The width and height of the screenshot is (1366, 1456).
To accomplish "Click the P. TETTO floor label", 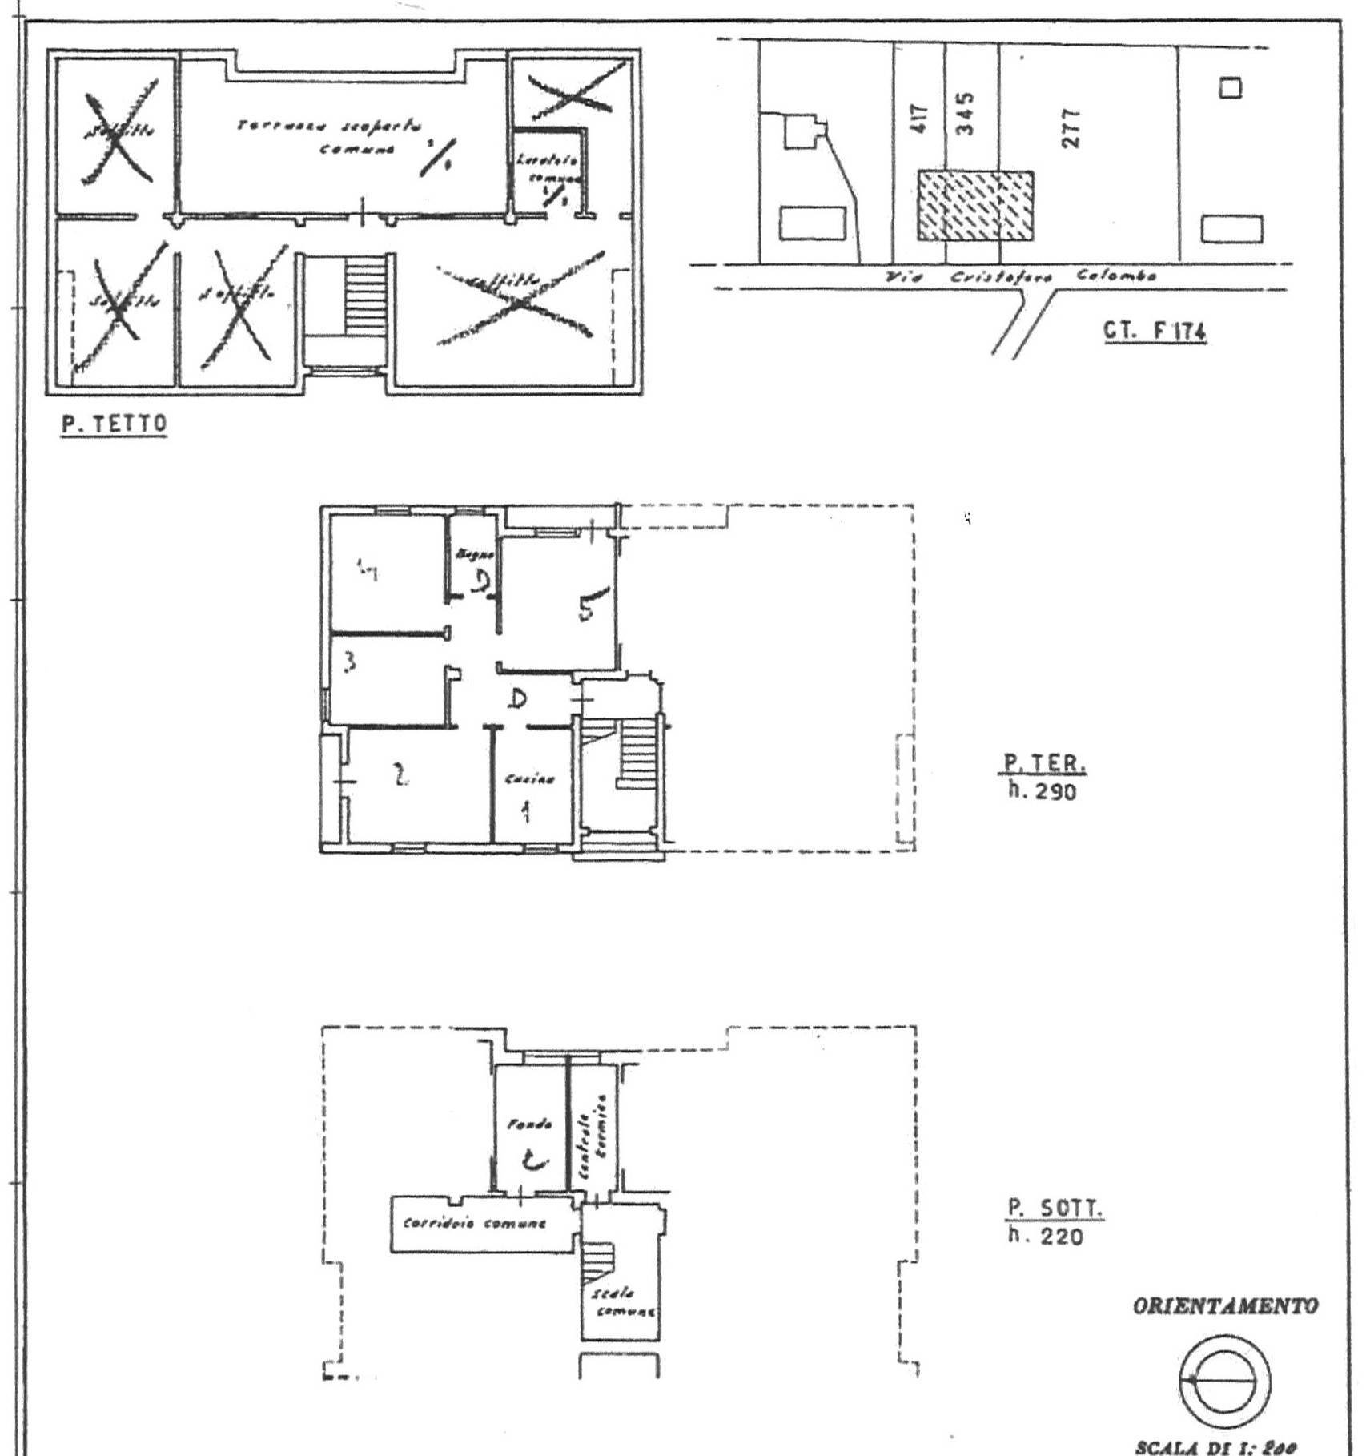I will pos(115,424).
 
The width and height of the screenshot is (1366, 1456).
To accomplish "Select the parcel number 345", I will pos(966,113).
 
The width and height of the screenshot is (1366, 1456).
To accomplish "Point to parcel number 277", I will pos(1071,128).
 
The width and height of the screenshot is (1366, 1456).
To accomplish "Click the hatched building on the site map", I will pos(974,206).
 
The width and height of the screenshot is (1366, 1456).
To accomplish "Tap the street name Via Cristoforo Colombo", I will pos(1021,276).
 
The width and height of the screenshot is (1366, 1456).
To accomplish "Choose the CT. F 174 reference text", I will pos(1155,332).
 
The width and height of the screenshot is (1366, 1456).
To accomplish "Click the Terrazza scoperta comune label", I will pos(330,137).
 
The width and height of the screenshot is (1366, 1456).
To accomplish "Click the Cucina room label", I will pos(529,778).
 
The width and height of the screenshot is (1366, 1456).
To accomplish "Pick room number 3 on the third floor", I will pos(350,663).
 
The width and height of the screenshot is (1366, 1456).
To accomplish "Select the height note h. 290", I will pos(1043,792).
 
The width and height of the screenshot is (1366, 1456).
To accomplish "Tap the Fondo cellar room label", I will pos(529,1124).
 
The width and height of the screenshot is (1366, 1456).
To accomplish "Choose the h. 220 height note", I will pos(1046,1237).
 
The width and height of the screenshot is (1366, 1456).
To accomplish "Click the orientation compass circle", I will pos(1224,1382).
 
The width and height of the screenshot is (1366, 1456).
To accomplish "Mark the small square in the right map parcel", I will pos(1230,88).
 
